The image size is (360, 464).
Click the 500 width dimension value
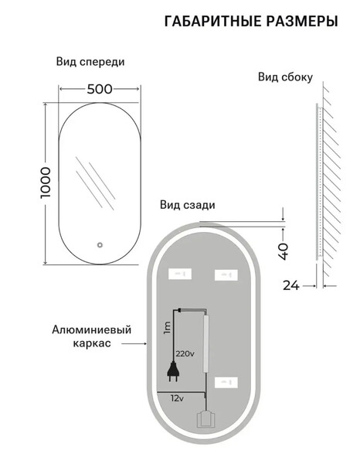(x=100, y=89)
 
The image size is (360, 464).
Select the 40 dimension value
(x=284, y=251)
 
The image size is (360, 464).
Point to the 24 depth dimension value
(x=291, y=285)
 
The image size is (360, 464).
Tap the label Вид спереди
(x=90, y=62)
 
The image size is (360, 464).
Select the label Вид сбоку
(x=285, y=77)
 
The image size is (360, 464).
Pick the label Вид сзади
(x=188, y=205)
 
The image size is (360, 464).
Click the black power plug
(x=174, y=371)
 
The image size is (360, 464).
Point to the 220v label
(x=185, y=353)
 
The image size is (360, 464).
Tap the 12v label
(x=177, y=398)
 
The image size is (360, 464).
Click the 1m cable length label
(x=167, y=328)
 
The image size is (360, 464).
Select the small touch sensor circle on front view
(x=100, y=244)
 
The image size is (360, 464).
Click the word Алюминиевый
(x=92, y=329)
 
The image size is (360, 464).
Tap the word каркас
(x=92, y=343)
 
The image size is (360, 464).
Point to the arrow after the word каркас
(x=134, y=343)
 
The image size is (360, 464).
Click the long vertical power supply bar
(x=206, y=343)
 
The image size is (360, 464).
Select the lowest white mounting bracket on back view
(x=226, y=383)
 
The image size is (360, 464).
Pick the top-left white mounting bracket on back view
(x=180, y=274)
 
